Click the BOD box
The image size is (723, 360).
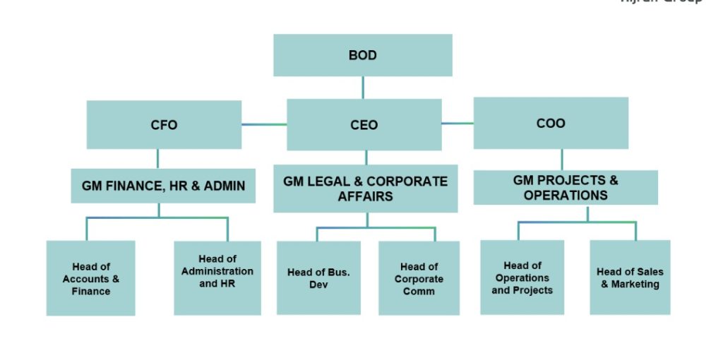click(362, 55)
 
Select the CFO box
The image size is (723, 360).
click(164, 125)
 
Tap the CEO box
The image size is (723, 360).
click(364, 125)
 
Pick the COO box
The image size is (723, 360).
click(551, 124)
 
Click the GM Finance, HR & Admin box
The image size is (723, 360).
click(163, 186)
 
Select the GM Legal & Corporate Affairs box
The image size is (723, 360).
click(365, 188)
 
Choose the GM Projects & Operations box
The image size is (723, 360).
click(565, 187)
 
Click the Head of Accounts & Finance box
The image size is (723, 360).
click(90, 278)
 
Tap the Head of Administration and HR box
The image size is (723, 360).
click(217, 277)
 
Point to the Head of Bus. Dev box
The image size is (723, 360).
click(318, 278)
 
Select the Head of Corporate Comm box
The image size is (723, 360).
click(419, 278)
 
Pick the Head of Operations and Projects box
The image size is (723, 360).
click(522, 277)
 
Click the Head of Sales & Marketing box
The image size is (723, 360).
click(630, 277)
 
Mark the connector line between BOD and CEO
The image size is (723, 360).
click(363, 88)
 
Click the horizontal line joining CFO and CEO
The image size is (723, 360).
click(264, 125)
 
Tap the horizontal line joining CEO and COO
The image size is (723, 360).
click(458, 124)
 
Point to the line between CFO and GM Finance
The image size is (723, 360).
click(157, 159)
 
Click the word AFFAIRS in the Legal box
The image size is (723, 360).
click(365, 196)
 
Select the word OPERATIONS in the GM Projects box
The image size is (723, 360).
click(566, 195)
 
